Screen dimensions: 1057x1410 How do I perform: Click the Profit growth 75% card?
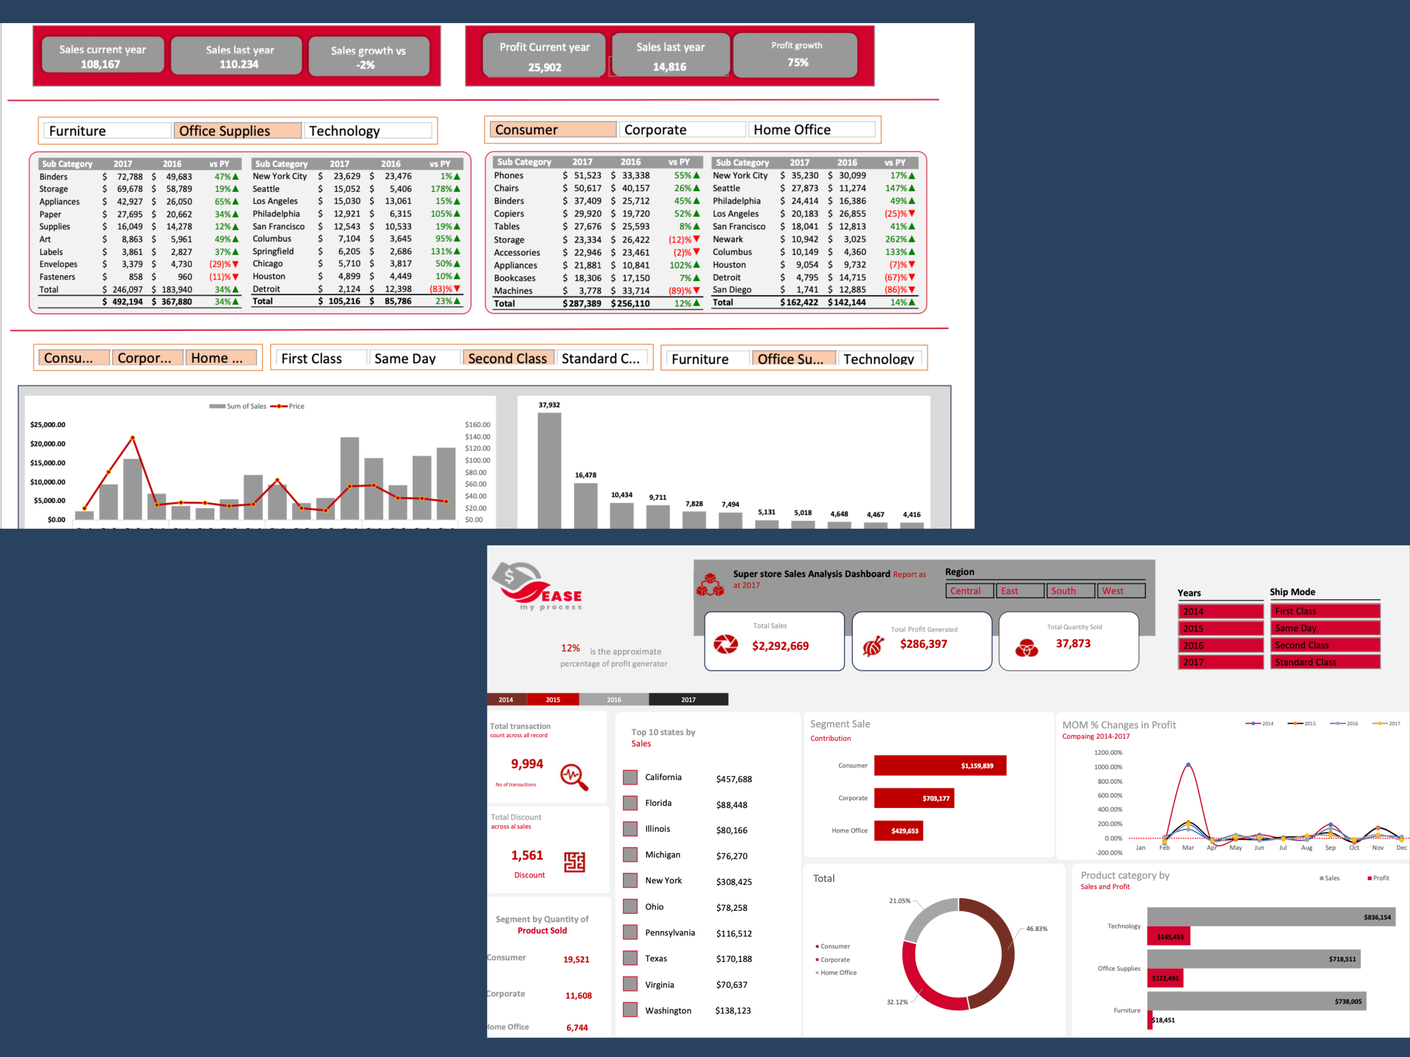pos(796,55)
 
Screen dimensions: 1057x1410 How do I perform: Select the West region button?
pos(1121,591)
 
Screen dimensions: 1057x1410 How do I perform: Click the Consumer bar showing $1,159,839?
pos(940,765)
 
